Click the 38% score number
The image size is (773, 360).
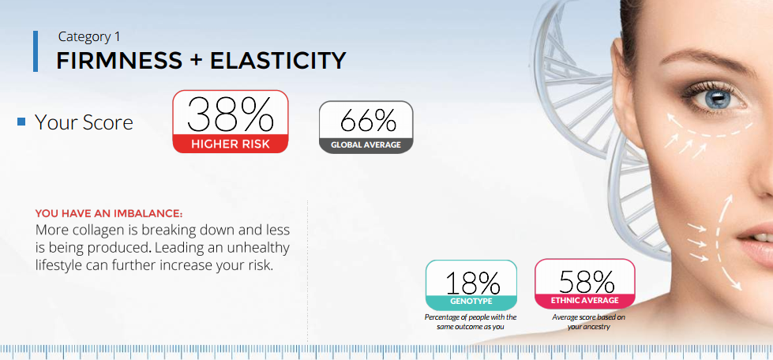coord(231,114)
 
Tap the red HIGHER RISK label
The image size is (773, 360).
coord(231,144)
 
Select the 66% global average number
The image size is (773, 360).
coord(368,120)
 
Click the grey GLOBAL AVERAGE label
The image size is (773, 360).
coord(366,145)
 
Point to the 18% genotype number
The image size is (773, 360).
coord(473,283)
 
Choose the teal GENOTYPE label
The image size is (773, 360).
coord(471,301)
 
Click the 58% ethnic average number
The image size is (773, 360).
coord(586,282)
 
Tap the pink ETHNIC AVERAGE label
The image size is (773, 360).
coord(584,300)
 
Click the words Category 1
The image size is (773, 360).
coord(89,36)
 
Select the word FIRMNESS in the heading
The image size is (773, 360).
coord(119,60)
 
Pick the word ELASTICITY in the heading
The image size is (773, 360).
coord(278,60)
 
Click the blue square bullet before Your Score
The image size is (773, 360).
coord(21,122)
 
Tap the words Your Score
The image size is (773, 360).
coord(84,122)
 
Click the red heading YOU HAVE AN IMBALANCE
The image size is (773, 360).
coord(109,214)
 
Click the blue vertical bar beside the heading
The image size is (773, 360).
coord(36,51)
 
